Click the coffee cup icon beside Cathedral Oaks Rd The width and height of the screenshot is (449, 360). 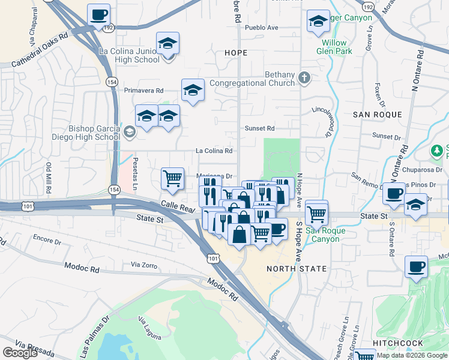pos(99,15)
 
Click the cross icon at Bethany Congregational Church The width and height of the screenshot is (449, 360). pos(304,77)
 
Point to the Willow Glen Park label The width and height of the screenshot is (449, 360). pos(334,47)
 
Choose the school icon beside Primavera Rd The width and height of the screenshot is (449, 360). pos(193,91)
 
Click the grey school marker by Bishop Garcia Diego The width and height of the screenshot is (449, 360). pos(129,131)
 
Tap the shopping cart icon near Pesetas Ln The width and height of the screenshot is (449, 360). pos(172,178)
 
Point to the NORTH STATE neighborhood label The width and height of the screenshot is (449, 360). pos(297,269)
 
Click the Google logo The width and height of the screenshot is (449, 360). pos(20,353)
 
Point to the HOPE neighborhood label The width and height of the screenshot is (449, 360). pos(235,53)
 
